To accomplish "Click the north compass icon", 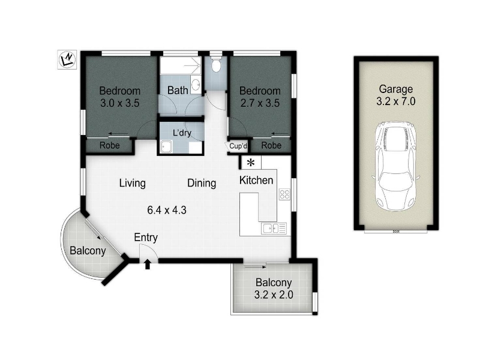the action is [67, 59].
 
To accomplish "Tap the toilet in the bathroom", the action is [216, 64].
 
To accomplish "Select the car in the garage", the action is [396, 166].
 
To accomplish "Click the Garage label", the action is [396, 89].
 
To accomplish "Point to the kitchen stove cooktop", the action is [284, 194].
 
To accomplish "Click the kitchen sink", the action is [274, 229].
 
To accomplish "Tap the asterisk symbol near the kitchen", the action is [251, 163].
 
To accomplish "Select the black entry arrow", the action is [148, 264].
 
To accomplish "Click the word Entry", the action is [146, 238].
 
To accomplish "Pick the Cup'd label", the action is [238, 146].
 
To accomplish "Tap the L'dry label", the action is [182, 133].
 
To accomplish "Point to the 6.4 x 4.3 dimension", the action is [167, 211].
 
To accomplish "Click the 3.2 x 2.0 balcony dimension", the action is [274, 295].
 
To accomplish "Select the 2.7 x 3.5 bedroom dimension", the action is [260, 103].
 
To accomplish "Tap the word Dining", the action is [202, 184].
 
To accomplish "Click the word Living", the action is [132, 184].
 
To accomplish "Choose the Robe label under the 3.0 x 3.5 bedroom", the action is [110, 145].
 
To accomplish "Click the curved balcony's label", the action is [88, 251].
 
